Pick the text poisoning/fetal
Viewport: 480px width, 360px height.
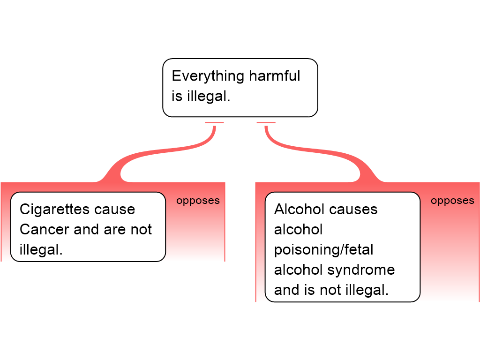(x=323, y=250)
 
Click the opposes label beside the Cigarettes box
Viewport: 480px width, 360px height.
(x=198, y=201)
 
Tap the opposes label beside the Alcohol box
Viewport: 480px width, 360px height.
(x=452, y=201)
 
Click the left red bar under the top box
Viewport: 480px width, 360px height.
(x=214, y=123)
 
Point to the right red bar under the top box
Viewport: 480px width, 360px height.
(x=266, y=123)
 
